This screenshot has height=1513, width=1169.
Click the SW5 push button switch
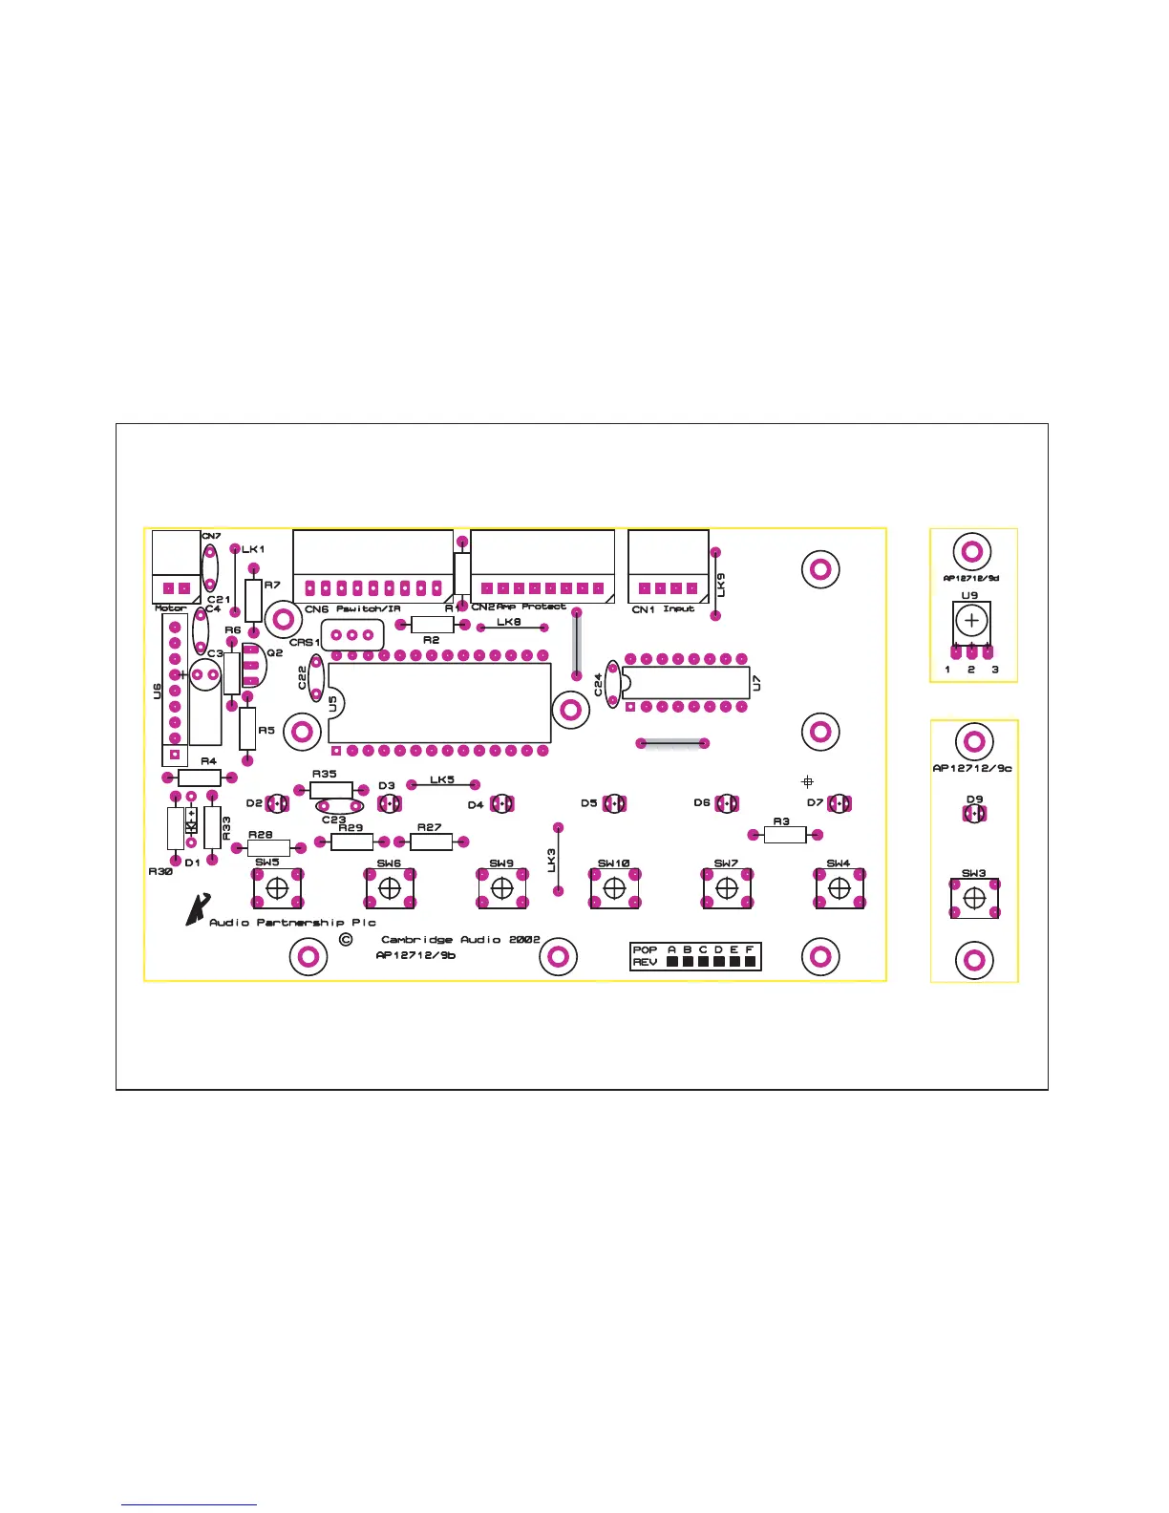277,889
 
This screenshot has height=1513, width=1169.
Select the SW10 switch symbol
614,889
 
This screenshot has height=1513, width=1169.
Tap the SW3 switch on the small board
974,899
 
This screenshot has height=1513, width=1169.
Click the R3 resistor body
785,835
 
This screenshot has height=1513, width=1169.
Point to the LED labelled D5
614,804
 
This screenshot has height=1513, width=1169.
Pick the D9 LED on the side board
974,814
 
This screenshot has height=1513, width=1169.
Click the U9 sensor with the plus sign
971,621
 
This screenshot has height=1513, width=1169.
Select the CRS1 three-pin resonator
351,634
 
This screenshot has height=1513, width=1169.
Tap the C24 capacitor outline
612,684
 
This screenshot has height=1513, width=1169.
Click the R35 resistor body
331,790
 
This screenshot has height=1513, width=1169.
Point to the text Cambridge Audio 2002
460,940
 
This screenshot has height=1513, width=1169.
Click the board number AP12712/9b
415,955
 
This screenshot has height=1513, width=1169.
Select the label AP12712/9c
972,768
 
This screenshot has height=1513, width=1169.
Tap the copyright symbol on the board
346,940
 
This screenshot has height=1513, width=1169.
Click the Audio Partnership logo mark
197,909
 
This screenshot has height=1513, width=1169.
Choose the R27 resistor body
431,842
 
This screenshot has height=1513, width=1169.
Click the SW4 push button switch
839,889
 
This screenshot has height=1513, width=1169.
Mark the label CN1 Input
664,609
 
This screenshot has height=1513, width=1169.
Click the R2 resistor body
431,625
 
